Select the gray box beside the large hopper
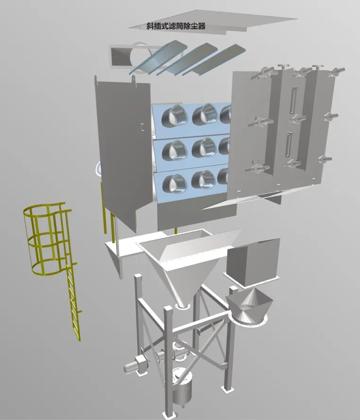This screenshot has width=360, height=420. click(253, 262)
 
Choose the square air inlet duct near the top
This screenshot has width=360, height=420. click(119, 56)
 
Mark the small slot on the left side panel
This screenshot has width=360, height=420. click(142, 126)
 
